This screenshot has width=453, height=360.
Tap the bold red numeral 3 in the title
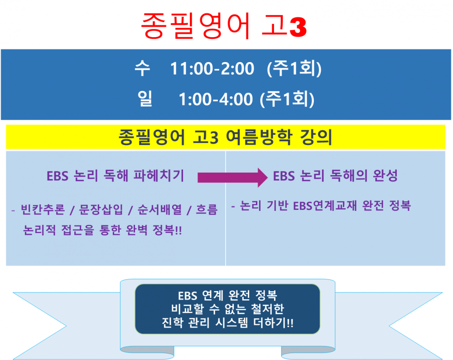(x=297, y=28)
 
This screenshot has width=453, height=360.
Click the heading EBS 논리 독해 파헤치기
(x=116, y=176)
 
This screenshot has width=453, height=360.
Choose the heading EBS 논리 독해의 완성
(x=336, y=176)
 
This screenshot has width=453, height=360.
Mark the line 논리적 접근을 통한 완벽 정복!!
(x=102, y=230)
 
